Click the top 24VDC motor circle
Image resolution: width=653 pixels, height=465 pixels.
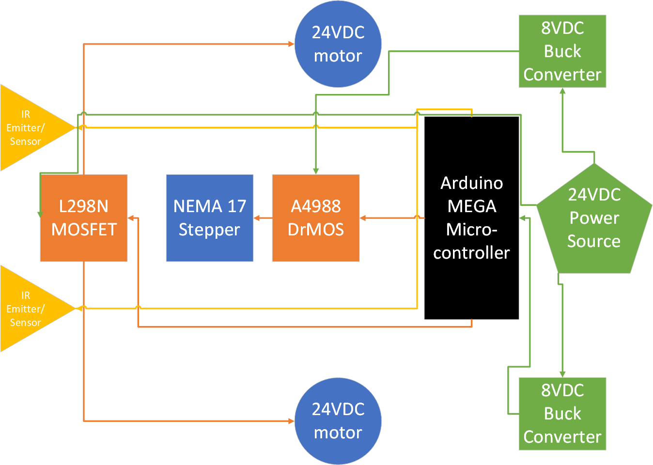coord(338,44)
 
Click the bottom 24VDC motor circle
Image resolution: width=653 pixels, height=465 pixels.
coord(338,421)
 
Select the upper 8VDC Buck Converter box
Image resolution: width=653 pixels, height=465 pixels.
coord(562,51)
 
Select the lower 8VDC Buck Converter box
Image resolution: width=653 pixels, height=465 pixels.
coord(562,414)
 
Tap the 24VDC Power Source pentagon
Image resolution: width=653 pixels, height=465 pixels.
coord(594,220)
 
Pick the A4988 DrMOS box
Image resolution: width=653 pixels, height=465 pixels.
coord(316,218)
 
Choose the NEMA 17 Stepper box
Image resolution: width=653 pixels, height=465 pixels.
coord(210,218)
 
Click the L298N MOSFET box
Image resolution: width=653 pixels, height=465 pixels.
coord(84,218)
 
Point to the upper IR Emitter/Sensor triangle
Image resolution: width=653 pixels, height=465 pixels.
coord(27,128)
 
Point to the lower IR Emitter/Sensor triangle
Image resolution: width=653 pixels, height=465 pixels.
coord(27,309)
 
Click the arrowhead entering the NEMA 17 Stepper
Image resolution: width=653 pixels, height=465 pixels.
coord(257,218)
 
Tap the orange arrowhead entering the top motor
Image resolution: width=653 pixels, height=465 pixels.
coord(291,44)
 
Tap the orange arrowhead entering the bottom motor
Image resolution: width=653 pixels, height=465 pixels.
coord(291,421)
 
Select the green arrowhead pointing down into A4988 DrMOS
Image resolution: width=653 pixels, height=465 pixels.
coord(316,171)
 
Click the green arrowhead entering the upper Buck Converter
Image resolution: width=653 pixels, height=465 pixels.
coord(562,91)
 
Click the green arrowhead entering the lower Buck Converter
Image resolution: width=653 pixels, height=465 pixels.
coord(562,374)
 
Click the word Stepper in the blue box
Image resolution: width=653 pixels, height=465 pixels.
coord(209,230)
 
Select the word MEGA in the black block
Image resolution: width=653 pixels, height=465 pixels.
coord(471,206)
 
